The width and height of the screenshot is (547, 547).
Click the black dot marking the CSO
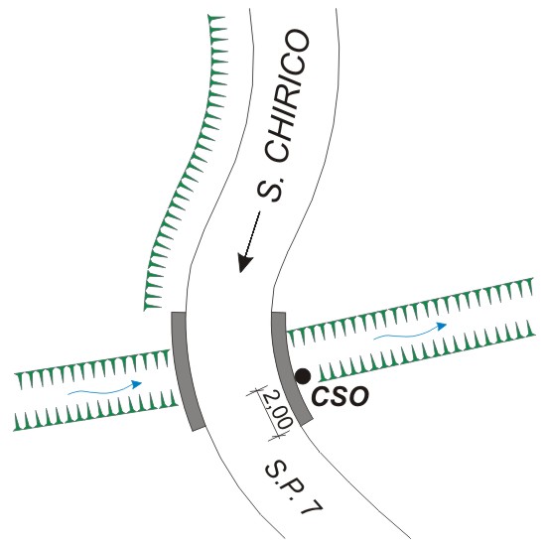[x=303, y=376]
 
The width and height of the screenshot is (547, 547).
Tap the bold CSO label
[x=340, y=397]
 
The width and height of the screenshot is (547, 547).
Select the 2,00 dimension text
[x=277, y=410]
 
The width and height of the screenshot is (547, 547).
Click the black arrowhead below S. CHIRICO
[x=245, y=262]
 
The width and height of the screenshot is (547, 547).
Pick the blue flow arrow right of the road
[x=410, y=332]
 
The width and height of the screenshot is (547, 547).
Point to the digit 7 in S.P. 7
[x=311, y=505]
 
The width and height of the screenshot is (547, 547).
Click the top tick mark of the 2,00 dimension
[x=257, y=392]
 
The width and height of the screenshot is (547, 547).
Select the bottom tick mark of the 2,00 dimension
[x=278, y=436]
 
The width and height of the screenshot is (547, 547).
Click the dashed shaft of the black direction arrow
[x=253, y=232]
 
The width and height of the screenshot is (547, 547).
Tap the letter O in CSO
[x=357, y=397]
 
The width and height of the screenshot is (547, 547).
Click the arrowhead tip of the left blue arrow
[x=142, y=383]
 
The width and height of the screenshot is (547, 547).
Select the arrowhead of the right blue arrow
[x=443, y=327]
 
